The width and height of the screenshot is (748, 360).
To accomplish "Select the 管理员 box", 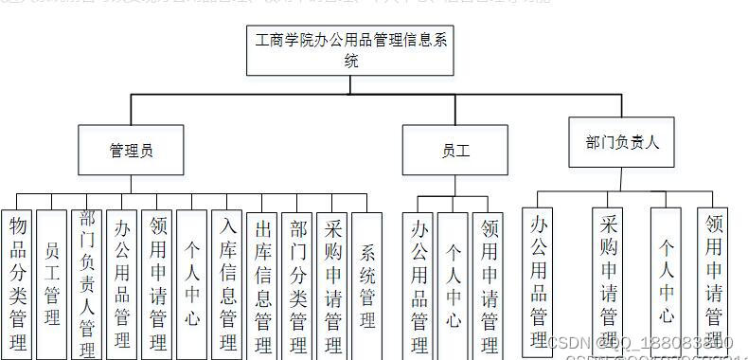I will point(131,150).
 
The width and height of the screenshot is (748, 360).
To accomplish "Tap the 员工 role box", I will point(455,150).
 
